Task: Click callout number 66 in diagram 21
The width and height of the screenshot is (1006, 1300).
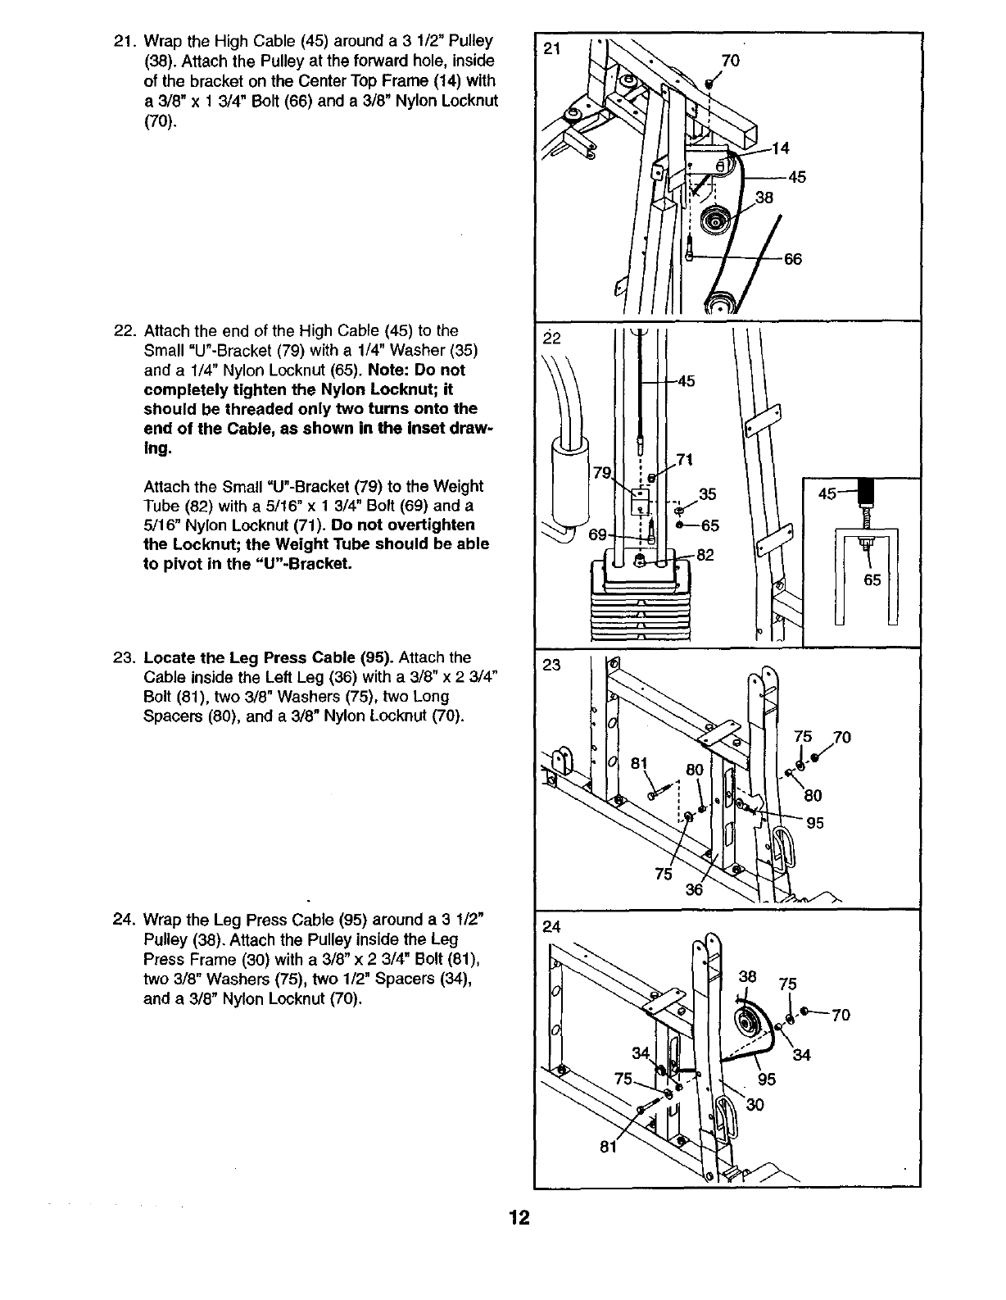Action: point(792,260)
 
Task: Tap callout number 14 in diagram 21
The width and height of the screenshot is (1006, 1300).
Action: point(781,149)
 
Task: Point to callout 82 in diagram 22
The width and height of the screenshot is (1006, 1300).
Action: point(705,555)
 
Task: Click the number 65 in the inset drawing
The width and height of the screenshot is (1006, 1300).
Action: point(872,580)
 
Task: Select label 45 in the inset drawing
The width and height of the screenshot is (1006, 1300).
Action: point(828,494)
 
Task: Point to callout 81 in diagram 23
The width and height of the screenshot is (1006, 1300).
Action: point(639,764)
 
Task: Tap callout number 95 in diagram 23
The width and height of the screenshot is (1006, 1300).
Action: point(815,824)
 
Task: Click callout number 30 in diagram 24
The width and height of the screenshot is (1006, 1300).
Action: point(754,1104)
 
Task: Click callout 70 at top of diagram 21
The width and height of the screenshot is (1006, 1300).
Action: point(729,60)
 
